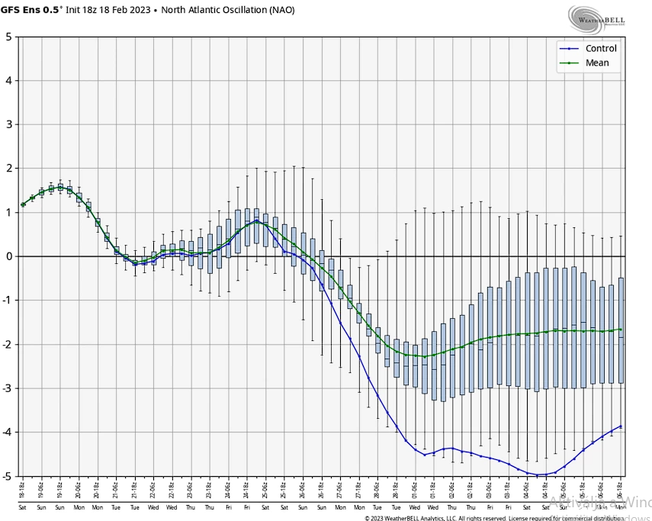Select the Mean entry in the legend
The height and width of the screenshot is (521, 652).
click(x=597, y=63)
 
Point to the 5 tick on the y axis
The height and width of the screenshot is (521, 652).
click(x=8, y=37)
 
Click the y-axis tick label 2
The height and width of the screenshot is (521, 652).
click(x=8, y=169)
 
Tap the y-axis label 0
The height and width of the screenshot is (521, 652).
click(x=8, y=256)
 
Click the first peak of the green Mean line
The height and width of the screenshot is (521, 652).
click(x=60, y=187)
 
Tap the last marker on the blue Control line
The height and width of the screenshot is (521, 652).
click(x=621, y=426)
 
